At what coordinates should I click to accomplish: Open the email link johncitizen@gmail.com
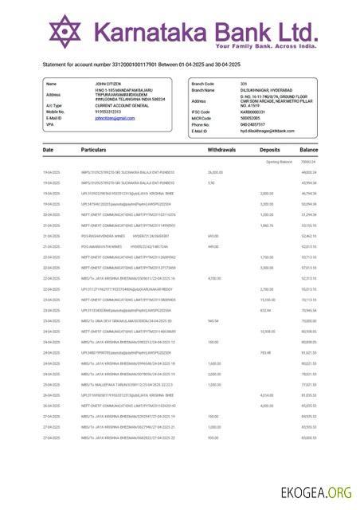click(115, 118)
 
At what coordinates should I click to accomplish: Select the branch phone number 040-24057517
click(232, 124)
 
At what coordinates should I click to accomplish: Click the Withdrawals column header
click(221, 150)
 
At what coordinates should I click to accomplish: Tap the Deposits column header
click(270, 150)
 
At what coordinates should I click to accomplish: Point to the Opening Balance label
click(279, 162)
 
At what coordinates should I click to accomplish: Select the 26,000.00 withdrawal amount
click(215, 172)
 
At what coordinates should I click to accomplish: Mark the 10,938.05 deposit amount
click(267, 331)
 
